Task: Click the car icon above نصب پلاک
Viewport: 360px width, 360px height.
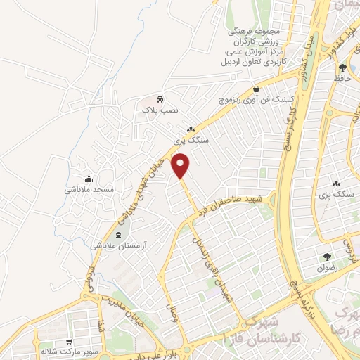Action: (x=160, y=99)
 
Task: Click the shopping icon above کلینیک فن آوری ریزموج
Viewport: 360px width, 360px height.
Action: (x=256, y=89)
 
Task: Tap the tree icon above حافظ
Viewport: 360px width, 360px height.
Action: (x=342, y=67)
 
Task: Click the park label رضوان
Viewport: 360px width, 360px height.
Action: (x=328, y=267)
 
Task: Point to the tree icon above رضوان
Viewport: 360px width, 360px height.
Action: (x=326, y=257)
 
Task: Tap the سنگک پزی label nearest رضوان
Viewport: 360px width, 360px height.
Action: (x=335, y=193)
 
